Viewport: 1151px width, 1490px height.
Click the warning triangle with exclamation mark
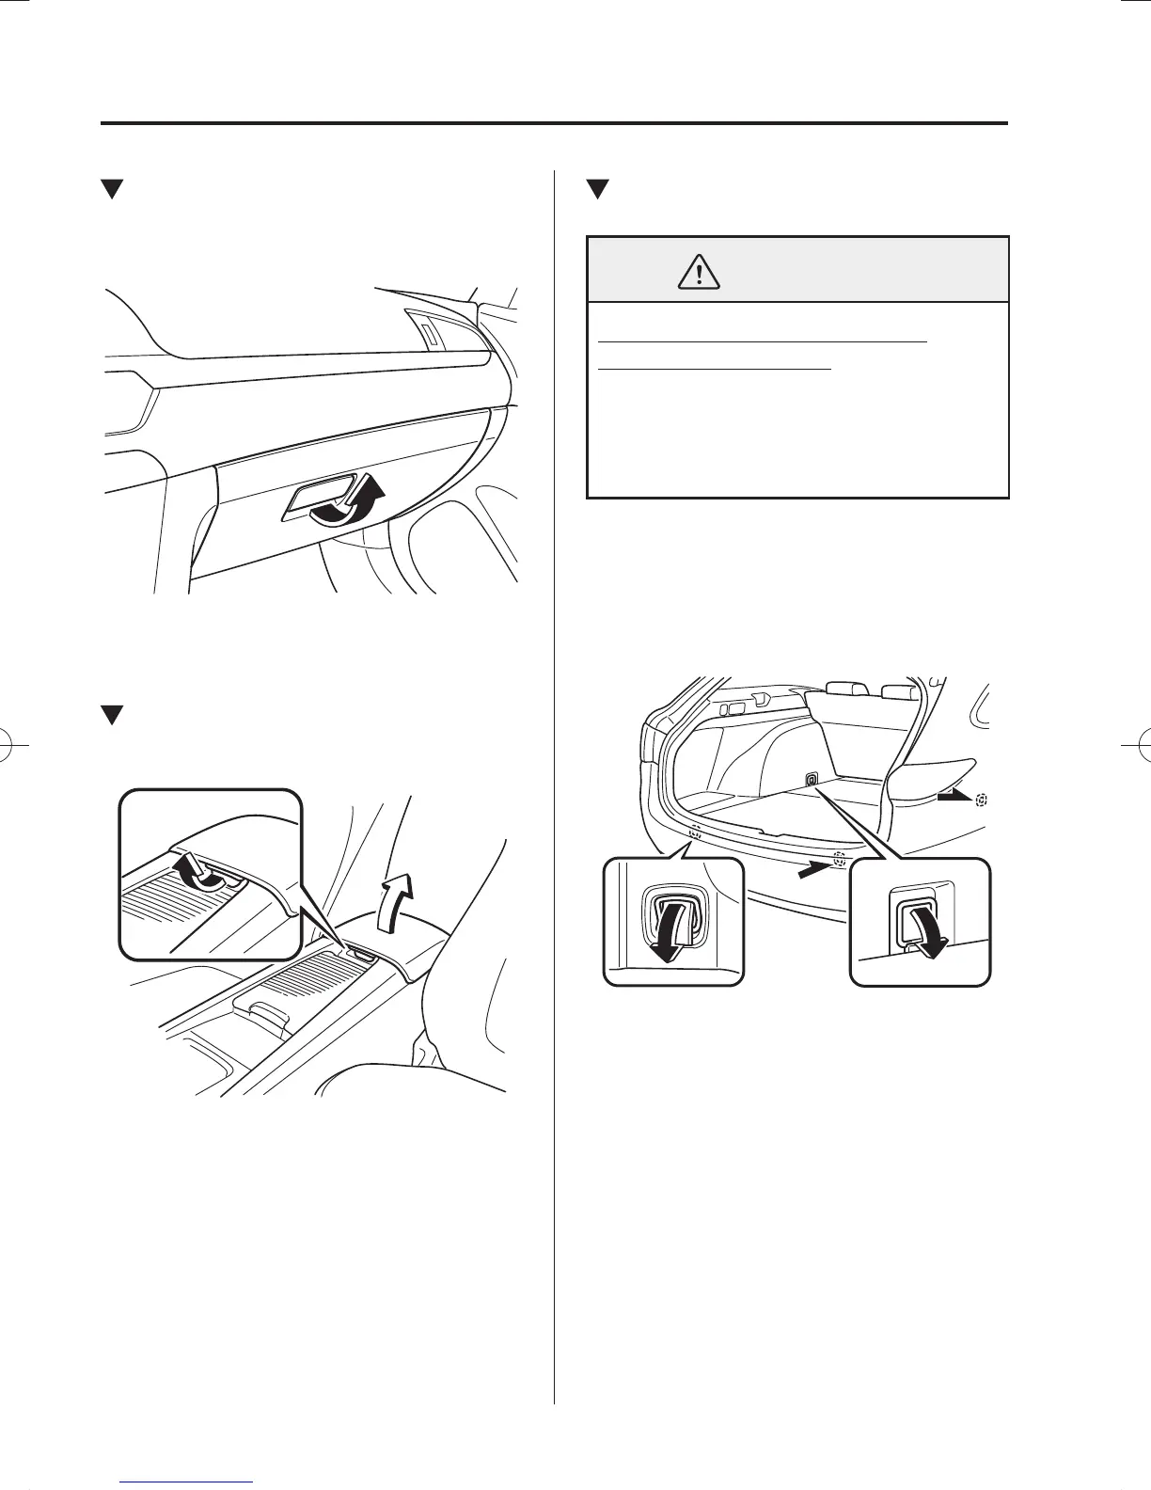(699, 272)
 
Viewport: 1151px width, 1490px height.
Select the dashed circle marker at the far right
(983, 799)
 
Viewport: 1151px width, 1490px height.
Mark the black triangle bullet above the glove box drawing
(113, 189)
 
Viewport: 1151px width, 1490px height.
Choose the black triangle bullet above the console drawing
(113, 716)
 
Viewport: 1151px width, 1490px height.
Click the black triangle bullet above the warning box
(596, 189)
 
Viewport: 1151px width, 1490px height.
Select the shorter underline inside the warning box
(715, 370)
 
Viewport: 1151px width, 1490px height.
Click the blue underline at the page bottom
(188, 1482)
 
